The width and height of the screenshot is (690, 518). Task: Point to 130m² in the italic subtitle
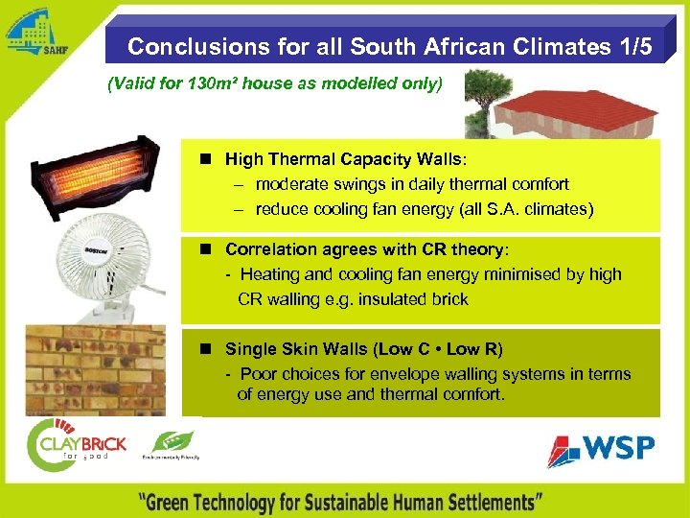214,84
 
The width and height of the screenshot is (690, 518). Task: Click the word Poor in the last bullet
258,374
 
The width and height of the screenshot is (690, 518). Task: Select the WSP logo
601,448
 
